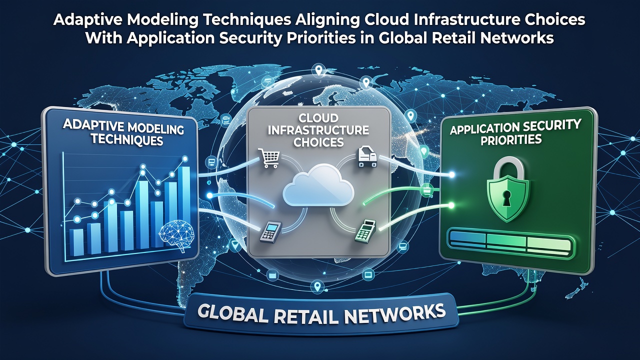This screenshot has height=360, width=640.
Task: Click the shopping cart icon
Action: (x=268, y=158)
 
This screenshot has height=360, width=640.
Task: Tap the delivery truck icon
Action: (x=367, y=156)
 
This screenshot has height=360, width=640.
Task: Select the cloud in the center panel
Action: (x=318, y=185)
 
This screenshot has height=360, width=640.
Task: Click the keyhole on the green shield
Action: (x=506, y=197)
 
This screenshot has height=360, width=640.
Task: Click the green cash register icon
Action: (x=365, y=231)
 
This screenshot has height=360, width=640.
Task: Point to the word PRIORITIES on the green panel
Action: (x=511, y=140)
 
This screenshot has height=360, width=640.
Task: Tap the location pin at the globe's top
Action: (x=318, y=70)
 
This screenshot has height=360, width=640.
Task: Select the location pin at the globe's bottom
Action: (x=317, y=286)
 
